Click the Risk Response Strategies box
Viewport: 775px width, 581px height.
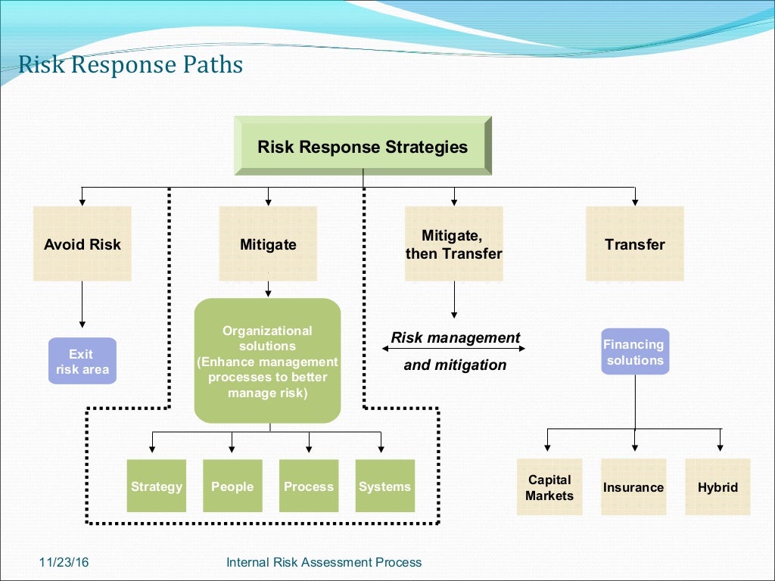click(363, 146)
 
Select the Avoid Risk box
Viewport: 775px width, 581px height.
click(82, 244)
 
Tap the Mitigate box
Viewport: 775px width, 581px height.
click(268, 244)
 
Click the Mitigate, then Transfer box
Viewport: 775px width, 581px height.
click(453, 244)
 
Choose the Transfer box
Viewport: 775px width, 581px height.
click(635, 244)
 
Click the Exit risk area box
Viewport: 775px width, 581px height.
click(82, 362)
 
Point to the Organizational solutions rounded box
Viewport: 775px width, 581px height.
click(267, 361)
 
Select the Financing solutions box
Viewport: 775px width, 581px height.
click(635, 352)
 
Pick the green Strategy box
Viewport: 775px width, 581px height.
click(156, 486)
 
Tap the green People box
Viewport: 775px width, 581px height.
click(232, 486)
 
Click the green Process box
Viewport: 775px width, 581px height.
click(309, 486)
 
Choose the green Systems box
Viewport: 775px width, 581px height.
click(384, 486)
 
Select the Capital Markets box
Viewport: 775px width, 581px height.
click(549, 487)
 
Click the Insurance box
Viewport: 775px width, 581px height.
click(633, 487)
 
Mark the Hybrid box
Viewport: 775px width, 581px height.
click(717, 487)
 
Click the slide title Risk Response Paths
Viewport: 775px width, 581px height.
click(130, 65)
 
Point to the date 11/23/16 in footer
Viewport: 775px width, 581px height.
click(60, 562)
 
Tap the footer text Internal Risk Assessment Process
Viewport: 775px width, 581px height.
click(324, 562)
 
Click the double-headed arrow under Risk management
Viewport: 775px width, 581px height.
click(454, 349)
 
